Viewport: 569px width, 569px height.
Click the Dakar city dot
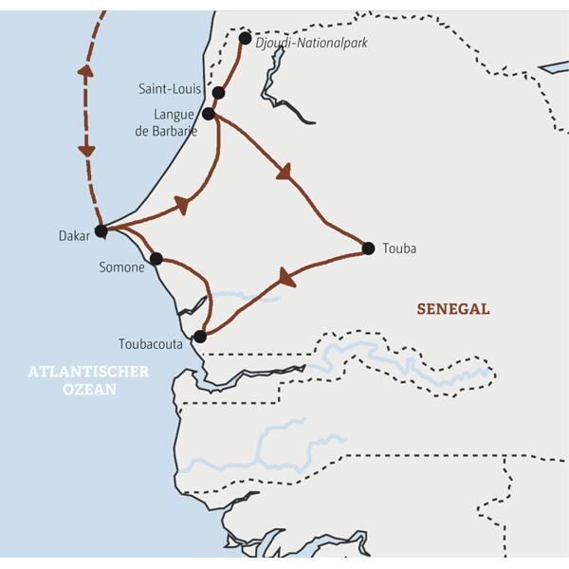[x=101, y=229]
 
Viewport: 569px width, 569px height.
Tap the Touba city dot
[x=368, y=248]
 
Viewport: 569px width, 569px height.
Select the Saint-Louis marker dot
[x=219, y=93]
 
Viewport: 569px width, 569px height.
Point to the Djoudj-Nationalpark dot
[x=246, y=38]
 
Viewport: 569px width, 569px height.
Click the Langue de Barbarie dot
[x=209, y=114]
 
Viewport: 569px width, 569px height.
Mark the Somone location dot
[x=156, y=258]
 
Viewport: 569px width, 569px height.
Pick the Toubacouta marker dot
[x=199, y=336]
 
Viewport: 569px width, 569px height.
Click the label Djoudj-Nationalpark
[x=311, y=43]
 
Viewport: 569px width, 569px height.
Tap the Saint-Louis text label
[x=172, y=89]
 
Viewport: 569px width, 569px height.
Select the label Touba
[x=399, y=249]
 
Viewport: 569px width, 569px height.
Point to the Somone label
[x=121, y=268]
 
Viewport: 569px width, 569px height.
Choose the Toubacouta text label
[x=151, y=344]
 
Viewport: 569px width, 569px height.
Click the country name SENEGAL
[x=453, y=309]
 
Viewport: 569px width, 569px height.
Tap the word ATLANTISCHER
[x=88, y=372]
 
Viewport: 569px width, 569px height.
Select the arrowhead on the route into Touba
[x=284, y=173]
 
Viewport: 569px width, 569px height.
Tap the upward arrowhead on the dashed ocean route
[x=84, y=71]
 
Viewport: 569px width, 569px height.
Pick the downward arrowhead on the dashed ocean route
[x=86, y=150]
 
